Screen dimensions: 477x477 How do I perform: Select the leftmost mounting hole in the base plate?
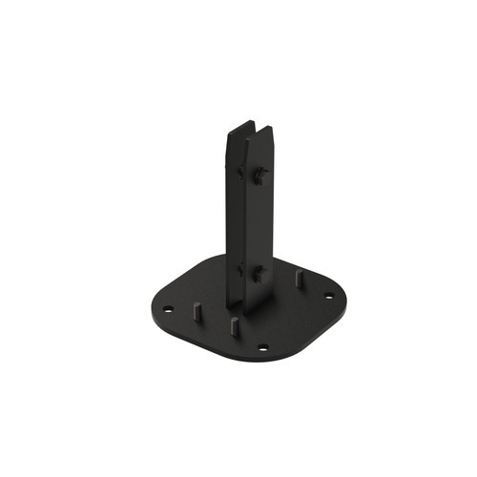[x=169, y=309]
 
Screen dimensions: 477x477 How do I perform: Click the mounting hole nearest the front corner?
[x=263, y=346]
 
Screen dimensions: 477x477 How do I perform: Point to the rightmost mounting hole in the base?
[x=330, y=296]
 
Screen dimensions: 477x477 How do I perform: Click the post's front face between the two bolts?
[x=258, y=224]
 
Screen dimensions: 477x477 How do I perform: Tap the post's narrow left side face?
[x=233, y=219]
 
